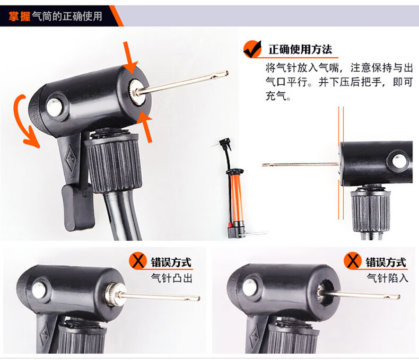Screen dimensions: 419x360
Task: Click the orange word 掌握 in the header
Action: [19, 16]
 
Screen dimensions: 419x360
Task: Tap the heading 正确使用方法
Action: [300, 49]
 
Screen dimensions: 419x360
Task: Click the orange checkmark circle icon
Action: [252, 49]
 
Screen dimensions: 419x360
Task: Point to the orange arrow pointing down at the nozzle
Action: [130, 57]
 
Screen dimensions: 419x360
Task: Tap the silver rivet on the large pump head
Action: [54, 107]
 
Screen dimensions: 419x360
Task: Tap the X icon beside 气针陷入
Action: [353, 260]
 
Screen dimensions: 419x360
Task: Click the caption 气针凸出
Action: [171, 278]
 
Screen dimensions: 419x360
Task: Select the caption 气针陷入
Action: [387, 278]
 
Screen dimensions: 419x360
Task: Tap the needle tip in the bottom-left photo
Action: [198, 298]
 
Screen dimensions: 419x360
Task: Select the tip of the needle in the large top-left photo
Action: [226, 72]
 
